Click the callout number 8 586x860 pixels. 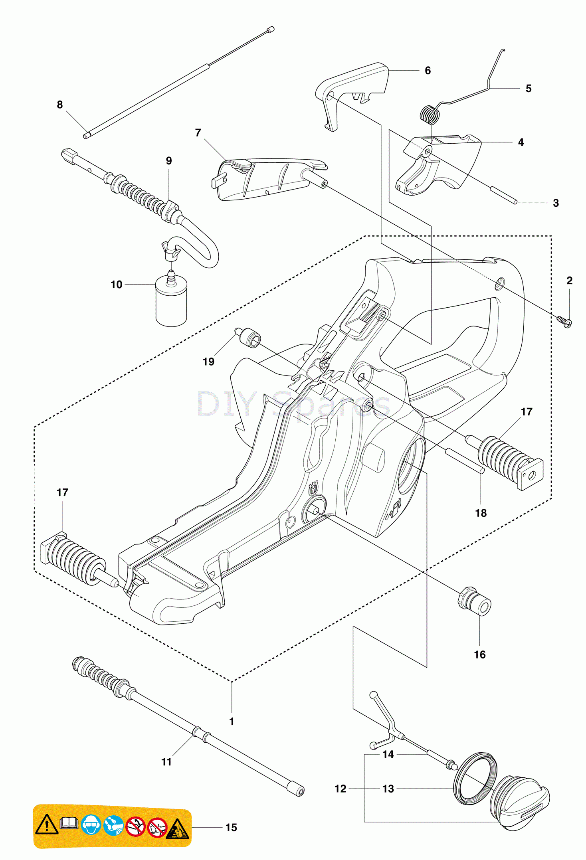click(60, 105)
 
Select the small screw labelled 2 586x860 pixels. click(565, 321)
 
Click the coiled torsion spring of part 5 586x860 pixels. click(430, 115)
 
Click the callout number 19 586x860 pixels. click(208, 362)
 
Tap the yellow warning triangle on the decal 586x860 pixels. click(47, 824)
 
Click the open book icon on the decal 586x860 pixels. click(69, 823)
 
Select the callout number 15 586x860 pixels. click(231, 828)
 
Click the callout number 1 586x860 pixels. click(232, 722)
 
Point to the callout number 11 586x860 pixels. click(166, 762)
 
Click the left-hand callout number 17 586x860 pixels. click(63, 492)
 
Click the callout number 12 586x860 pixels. click(341, 789)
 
